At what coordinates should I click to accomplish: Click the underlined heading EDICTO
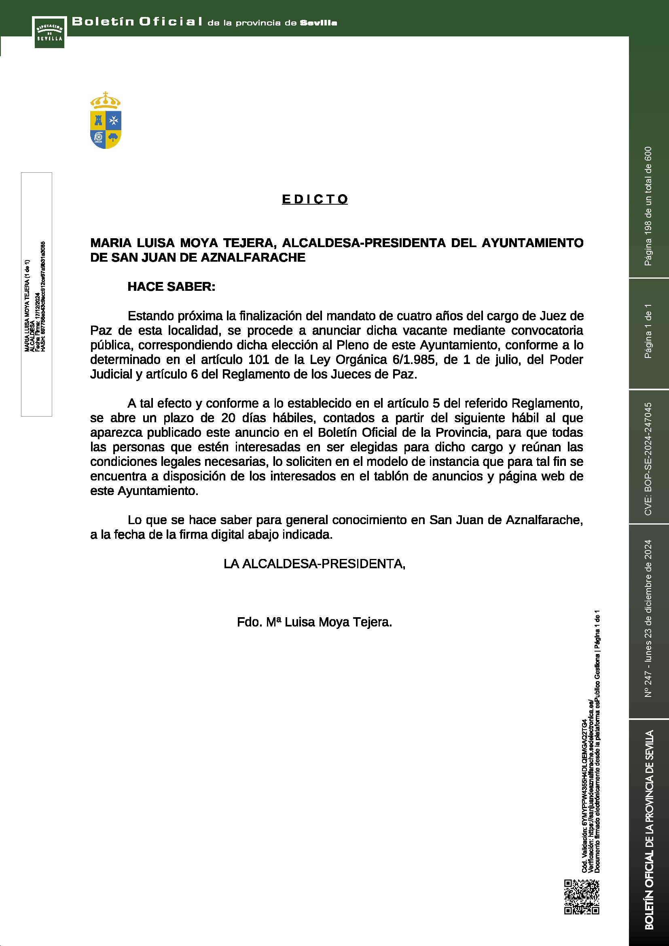click(315, 199)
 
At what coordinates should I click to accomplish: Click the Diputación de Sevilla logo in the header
click(49, 32)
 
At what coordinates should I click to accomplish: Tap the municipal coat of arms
click(106, 120)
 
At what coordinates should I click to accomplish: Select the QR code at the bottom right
click(581, 897)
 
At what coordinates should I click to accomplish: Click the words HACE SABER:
click(171, 287)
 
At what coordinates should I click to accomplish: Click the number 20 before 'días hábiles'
click(228, 418)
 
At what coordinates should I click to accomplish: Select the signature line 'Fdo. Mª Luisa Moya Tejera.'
click(314, 622)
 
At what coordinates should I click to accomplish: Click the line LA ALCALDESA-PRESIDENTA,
click(314, 564)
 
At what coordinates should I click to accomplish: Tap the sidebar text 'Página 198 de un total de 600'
click(648, 206)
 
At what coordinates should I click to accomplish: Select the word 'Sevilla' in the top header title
click(318, 23)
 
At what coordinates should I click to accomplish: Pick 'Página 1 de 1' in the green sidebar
click(648, 331)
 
